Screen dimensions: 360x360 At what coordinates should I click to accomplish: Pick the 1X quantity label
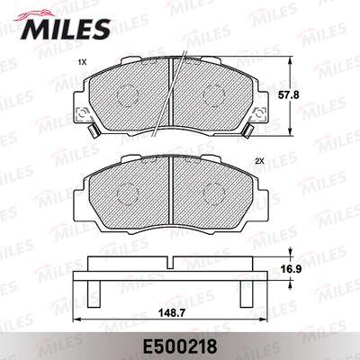(83, 62)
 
